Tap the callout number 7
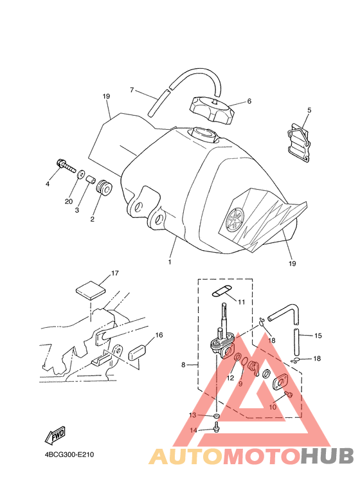(x=132, y=90)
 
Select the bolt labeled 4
(x=66, y=165)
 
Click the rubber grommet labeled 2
(x=104, y=188)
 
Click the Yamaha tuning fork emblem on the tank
(x=235, y=217)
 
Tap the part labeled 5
(x=298, y=142)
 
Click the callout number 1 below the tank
(x=170, y=262)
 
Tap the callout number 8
(x=183, y=365)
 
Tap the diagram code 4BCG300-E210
(x=69, y=455)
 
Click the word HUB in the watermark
(x=327, y=456)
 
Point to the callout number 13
(x=193, y=415)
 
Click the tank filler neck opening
(x=203, y=132)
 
